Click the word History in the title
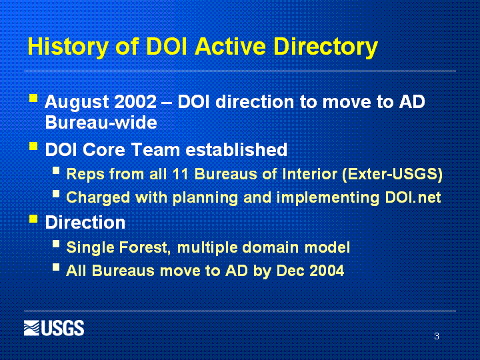pos(67,47)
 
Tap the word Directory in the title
pos(325,47)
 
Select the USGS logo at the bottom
pos(54,328)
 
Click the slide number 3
pos(437,336)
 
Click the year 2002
pos(135,101)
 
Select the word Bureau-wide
pos(101,123)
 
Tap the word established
pos(236,150)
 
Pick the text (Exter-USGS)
pos(393,175)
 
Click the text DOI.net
pos(413,197)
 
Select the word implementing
pos(328,198)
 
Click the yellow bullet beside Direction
pos(33,219)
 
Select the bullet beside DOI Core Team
pos(33,146)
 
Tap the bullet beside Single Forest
pos(56,244)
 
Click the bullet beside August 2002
pos(33,98)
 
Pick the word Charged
pos(98,198)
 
